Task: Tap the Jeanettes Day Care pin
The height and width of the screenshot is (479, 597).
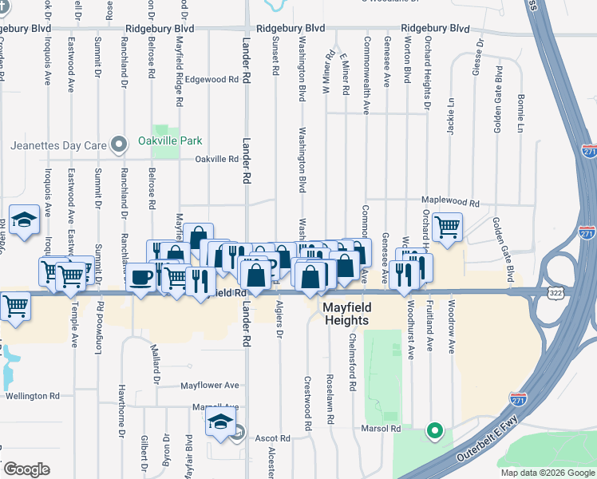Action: tap(120, 145)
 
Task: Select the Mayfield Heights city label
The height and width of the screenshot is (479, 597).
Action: tap(346, 313)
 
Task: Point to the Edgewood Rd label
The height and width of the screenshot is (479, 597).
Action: tap(212, 80)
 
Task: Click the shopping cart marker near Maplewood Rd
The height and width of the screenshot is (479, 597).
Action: tap(448, 226)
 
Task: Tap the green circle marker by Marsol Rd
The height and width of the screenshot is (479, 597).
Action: tap(434, 432)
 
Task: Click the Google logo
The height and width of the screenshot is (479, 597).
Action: tap(26, 469)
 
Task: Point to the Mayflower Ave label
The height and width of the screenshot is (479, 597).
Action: tap(210, 385)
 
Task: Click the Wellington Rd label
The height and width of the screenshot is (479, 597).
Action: tap(32, 395)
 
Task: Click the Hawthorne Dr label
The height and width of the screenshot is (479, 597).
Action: tap(122, 399)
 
